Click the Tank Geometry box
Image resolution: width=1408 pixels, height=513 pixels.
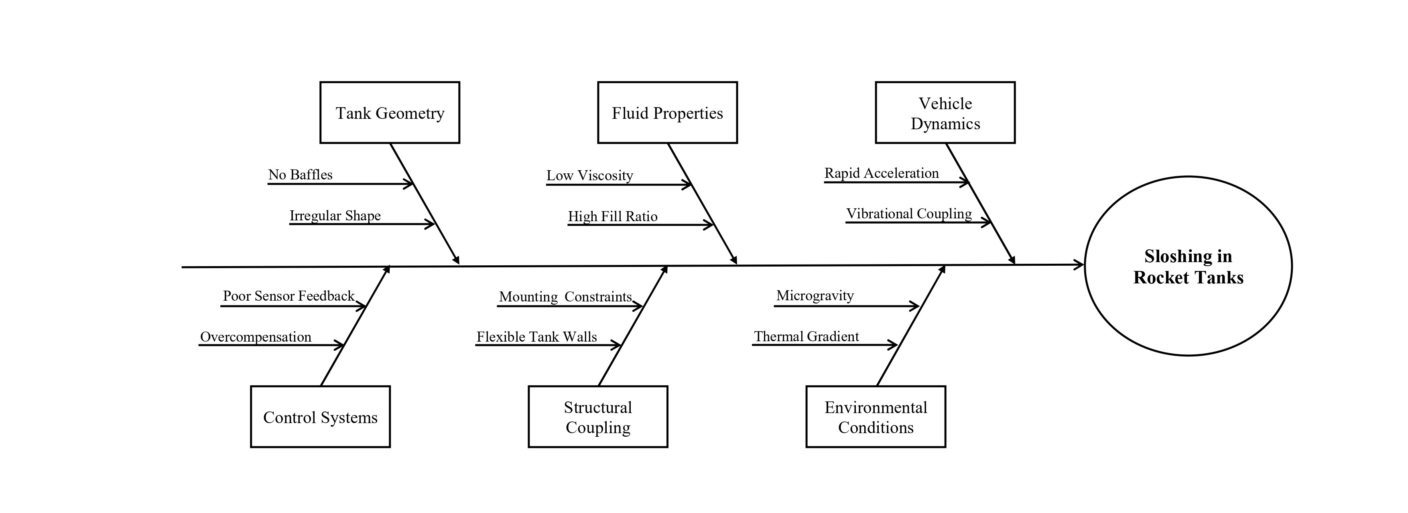(x=389, y=113)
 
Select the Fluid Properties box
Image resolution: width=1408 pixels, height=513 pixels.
(x=667, y=113)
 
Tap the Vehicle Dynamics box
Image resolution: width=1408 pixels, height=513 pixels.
(x=945, y=113)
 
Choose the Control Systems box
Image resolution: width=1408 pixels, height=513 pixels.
(x=320, y=417)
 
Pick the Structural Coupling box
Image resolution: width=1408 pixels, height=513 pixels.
(x=597, y=417)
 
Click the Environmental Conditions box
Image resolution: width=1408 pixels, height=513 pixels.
(x=875, y=417)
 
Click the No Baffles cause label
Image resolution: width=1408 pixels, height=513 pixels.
(x=300, y=175)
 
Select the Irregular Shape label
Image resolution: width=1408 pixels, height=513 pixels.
(x=335, y=216)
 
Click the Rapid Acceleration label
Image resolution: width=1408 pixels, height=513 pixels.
(x=881, y=173)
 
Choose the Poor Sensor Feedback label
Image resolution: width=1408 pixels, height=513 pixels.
(x=289, y=296)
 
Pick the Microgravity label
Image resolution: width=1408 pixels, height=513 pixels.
(x=815, y=296)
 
